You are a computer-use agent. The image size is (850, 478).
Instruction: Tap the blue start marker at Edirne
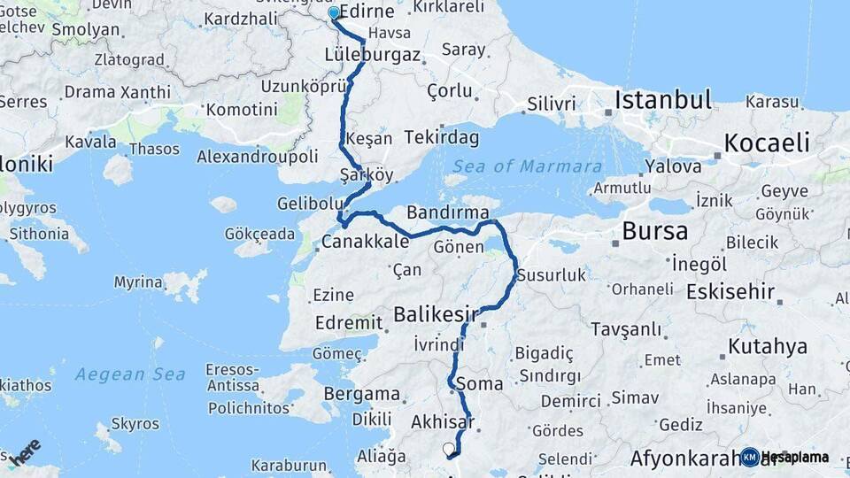334,13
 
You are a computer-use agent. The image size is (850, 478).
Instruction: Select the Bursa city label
654,232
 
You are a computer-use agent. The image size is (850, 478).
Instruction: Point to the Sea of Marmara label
527,166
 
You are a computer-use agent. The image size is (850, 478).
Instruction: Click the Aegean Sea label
130,374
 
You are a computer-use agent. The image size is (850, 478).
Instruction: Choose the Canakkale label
365,242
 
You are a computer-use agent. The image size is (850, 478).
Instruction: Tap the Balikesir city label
436,314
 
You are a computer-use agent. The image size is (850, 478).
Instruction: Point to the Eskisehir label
730,291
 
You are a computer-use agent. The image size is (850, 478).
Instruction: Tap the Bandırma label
448,212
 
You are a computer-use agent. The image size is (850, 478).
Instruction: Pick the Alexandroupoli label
257,156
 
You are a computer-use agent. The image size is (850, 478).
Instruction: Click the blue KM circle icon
750,457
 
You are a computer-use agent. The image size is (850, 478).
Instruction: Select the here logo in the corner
27,451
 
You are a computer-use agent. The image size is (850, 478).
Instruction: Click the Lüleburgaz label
373,54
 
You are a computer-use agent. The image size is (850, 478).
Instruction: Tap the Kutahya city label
768,346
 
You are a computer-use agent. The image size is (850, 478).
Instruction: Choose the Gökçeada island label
259,235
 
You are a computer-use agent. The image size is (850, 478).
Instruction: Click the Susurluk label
552,275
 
